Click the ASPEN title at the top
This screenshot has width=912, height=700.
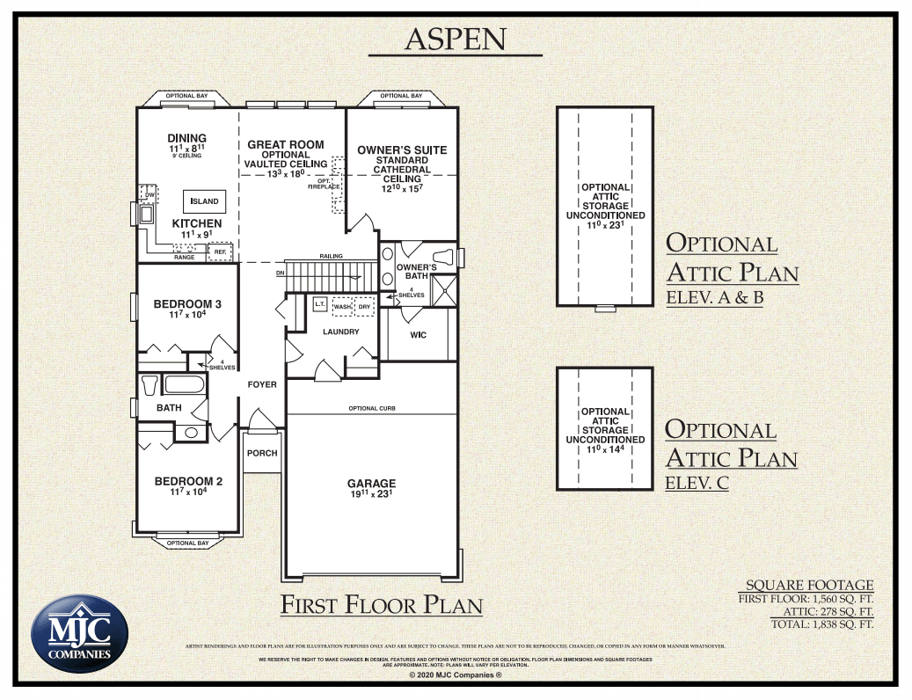tap(455, 39)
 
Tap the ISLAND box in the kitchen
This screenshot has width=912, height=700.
tap(205, 201)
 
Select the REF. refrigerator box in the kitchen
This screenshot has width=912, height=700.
tap(220, 252)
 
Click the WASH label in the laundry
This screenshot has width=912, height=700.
tap(342, 307)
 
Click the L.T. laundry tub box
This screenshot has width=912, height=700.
tap(319, 304)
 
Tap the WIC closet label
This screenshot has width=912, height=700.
tap(419, 335)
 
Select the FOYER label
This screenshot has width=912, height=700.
tap(261, 384)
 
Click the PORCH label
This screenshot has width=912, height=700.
tap(262, 453)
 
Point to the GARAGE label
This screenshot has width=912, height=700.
tap(371, 483)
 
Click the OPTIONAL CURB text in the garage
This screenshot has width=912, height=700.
tap(371, 408)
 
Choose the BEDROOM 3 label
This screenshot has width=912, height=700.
tap(187, 304)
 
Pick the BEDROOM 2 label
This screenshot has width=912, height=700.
tap(188, 481)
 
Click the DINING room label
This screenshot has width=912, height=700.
tap(186, 138)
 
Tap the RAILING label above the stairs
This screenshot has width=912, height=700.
tap(331, 256)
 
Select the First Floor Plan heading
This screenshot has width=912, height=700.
tap(381, 605)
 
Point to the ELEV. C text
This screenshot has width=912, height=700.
tap(697, 482)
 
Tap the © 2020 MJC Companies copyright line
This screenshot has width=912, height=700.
tap(455, 674)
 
